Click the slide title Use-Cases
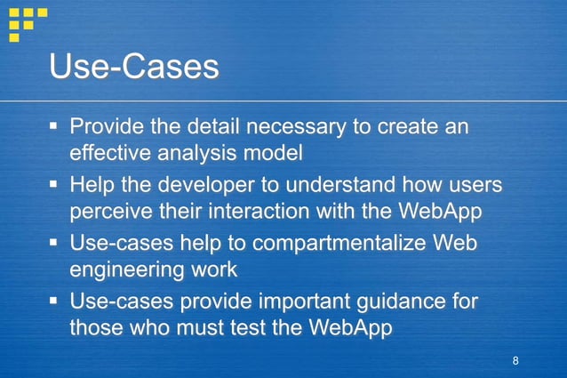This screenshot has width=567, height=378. point(134,67)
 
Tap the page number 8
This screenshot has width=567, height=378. point(515,360)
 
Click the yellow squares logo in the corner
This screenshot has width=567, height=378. point(26,22)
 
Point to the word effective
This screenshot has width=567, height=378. point(110,153)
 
